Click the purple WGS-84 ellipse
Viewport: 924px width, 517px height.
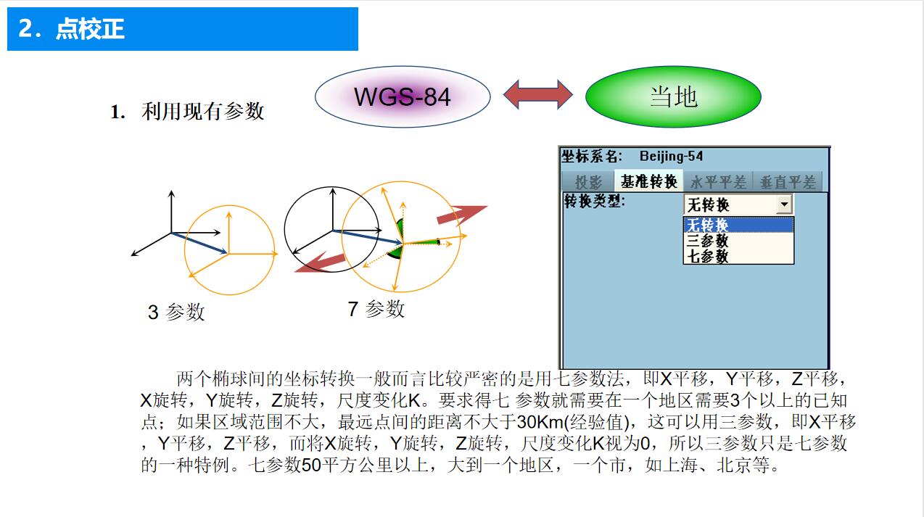(x=403, y=96)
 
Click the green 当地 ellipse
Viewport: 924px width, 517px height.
(x=672, y=96)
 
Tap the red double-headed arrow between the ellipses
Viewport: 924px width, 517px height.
(x=538, y=95)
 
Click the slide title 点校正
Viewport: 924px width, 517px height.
(x=90, y=29)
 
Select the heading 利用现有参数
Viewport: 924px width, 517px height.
(x=202, y=112)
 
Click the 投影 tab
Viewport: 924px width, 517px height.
(x=588, y=182)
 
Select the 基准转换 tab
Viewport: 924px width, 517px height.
(x=648, y=182)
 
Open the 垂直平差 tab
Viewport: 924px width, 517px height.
(x=787, y=182)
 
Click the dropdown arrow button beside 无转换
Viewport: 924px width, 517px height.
(x=783, y=205)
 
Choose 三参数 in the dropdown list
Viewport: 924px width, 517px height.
(x=708, y=241)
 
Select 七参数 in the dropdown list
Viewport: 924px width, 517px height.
(x=708, y=256)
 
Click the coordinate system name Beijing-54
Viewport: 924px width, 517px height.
(x=670, y=157)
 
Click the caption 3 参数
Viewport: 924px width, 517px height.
(x=176, y=313)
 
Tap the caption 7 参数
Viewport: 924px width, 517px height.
(x=376, y=310)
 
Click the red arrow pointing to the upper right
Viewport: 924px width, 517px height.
(x=461, y=214)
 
